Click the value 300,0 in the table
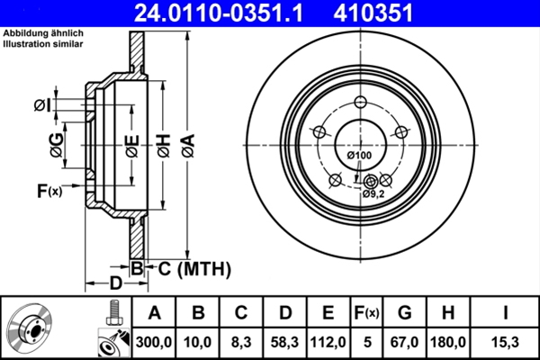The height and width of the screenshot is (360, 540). coord(154,341)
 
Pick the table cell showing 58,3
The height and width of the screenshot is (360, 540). coord(284,341)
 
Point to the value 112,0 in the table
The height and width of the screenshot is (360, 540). coord(328,341)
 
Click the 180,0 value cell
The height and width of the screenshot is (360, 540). coord(446,341)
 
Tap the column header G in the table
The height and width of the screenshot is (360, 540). coord(405,312)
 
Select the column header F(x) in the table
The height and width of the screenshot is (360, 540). coord(367,312)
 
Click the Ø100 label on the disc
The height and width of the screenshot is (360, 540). coord(359,157)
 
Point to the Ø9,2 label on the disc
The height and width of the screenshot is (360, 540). coord(373,193)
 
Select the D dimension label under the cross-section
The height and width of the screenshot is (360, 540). coord(115,284)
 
